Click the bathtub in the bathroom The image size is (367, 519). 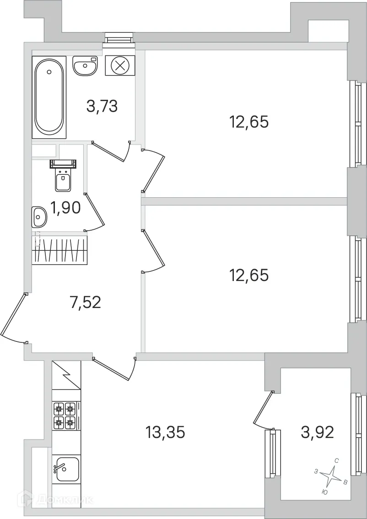pyautogui.click(x=49, y=97)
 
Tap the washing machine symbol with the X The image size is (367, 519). pyautogui.click(x=120, y=65)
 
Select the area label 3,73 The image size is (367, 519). pyautogui.click(x=102, y=106)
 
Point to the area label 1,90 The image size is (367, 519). pyautogui.click(x=66, y=208)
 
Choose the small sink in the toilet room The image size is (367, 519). pyautogui.click(x=39, y=216)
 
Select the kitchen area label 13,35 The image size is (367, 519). pyautogui.click(x=165, y=432)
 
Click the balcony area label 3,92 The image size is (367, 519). pyautogui.click(x=317, y=432)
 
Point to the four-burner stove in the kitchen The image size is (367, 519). pyautogui.click(x=64, y=415)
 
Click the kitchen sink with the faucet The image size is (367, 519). pyautogui.click(x=67, y=469)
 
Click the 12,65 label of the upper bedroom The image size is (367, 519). pyautogui.click(x=248, y=122)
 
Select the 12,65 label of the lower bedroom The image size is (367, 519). pyautogui.click(x=248, y=275)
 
